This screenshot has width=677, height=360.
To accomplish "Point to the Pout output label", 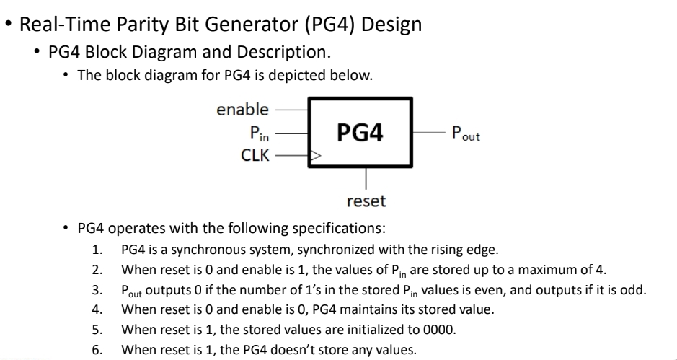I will point(464,133).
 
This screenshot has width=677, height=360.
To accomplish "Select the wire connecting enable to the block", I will point(291,110).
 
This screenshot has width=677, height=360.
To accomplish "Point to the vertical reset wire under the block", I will point(368,179).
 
